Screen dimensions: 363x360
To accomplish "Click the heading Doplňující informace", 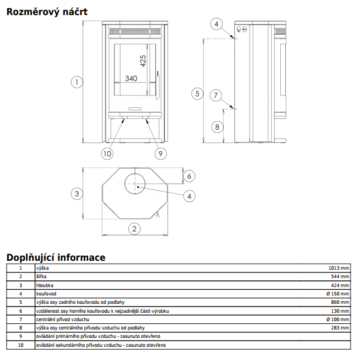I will point(55,257).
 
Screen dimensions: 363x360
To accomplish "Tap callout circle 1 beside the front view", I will point(76,82).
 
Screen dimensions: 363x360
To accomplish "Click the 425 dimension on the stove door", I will point(143,61).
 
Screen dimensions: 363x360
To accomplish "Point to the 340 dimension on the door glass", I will point(131,79).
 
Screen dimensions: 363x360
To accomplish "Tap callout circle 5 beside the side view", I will point(196,94).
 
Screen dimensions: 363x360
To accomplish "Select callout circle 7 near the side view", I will point(217,95).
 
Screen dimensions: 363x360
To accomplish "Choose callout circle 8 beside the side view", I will point(217,127).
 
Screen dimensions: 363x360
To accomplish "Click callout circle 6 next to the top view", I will point(189,176).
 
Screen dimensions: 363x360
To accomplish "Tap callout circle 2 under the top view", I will point(134,228).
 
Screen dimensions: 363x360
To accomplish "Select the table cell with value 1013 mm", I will point(338,268).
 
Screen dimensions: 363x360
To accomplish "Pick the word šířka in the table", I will point(41,276).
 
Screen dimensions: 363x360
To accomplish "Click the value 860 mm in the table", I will point(340,302).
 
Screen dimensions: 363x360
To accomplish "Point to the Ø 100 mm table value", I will point(338,319).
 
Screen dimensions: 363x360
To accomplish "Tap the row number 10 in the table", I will point(21,345).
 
